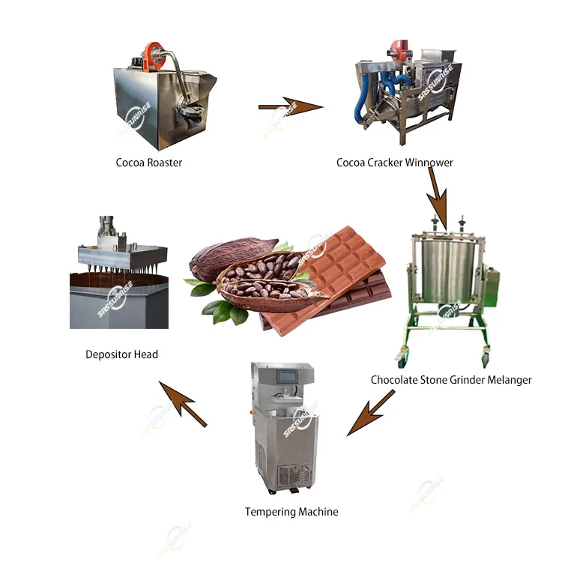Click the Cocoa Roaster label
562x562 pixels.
[x=148, y=162]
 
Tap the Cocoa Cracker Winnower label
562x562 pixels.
[x=394, y=162]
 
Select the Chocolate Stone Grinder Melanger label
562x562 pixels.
[x=451, y=380]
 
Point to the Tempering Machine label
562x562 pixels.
[x=291, y=512]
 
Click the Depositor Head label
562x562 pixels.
[x=121, y=354]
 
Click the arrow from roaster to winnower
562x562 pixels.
[x=289, y=108]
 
